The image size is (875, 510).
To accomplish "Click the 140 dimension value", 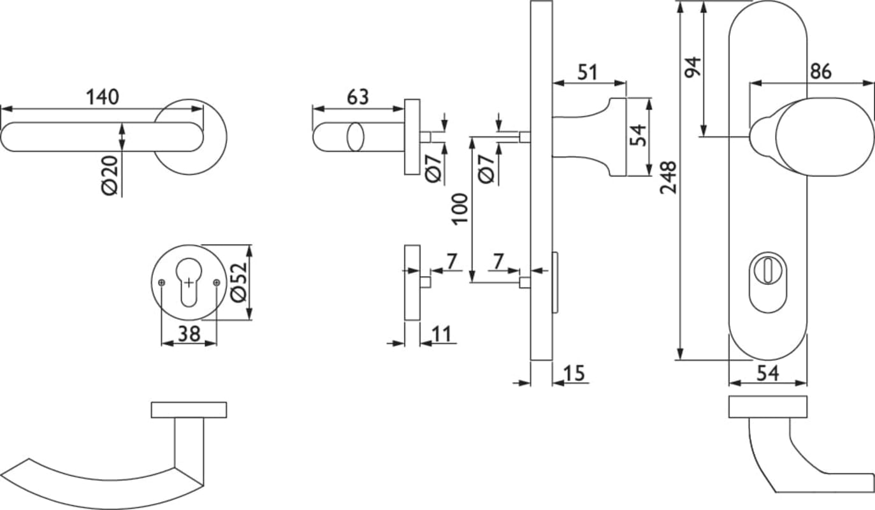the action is [x=103, y=97].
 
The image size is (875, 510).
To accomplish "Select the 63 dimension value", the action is [x=358, y=97].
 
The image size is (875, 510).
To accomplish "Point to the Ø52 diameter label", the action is [x=239, y=282].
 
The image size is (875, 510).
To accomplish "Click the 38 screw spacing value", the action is [x=189, y=334].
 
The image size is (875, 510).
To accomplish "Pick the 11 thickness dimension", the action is [x=442, y=334].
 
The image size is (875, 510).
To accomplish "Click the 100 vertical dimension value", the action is [x=461, y=208].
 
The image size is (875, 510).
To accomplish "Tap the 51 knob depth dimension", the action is [x=588, y=73].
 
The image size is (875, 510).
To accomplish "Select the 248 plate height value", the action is [x=669, y=177].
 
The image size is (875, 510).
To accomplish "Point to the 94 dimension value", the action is [x=693, y=67].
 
